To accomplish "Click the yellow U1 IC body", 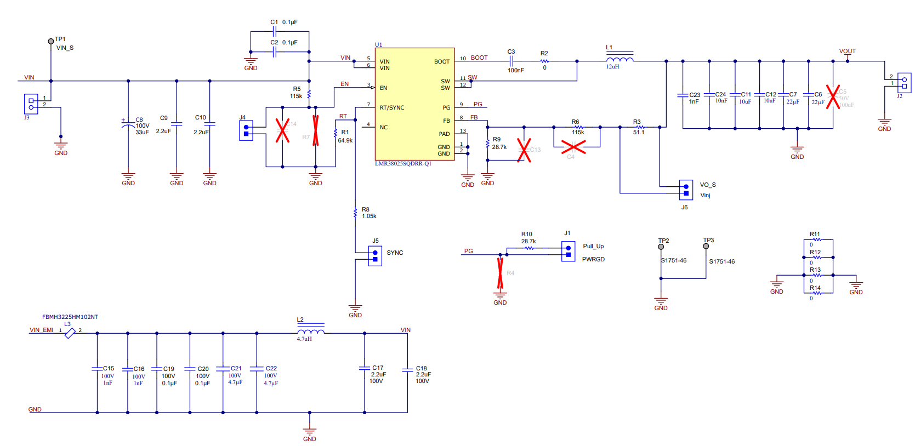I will (x=414, y=104).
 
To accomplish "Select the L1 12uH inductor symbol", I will (x=620, y=59).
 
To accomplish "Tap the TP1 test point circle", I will (x=51, y=41).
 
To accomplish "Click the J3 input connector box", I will (x=31, y=104).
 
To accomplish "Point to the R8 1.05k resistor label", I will (x=368, y=213).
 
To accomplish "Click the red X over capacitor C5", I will (x=833, y=97).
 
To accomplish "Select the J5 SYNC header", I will (x=375, y=256).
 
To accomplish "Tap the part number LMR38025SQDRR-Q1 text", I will (x=403, y=163).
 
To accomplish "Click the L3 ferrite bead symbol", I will (x=70, y=333).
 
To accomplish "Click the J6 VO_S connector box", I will (x=686, y=190).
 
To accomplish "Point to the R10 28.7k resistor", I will (x=529, y=248).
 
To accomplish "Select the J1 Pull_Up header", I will (x=568, y=251).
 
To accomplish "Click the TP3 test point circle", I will (x=706, y=247).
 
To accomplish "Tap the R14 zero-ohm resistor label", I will (x=815, y=288).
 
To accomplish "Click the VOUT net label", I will (x=847, y=51).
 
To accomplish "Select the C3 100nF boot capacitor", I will (x=511, y=61).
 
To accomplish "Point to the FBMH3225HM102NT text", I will (x=70, y=317).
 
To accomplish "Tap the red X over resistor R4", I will (x=500, y=273).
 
